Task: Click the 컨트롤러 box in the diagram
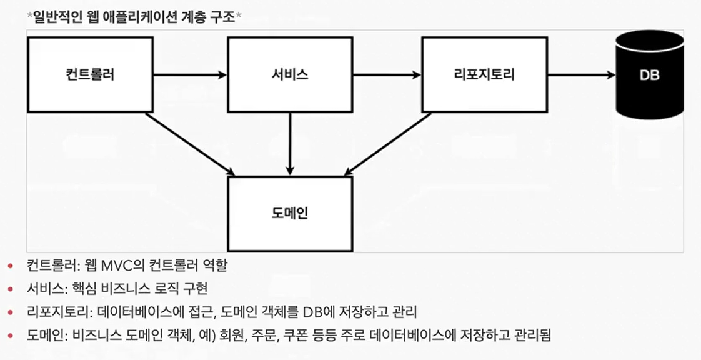click(91, 74)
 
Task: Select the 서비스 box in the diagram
click(290, 74)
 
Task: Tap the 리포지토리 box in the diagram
click(485, 74)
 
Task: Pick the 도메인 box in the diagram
click(290, 214)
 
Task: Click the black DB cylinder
click(650, 74)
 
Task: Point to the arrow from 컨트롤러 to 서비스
click(190, 74)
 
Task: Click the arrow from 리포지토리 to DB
click(582, 74)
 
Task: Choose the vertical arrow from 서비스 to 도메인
click(290, 144)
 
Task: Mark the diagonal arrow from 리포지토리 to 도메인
click(388, 144)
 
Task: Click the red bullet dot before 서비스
click(10, 289)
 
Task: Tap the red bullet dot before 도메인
click(10, 335)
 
